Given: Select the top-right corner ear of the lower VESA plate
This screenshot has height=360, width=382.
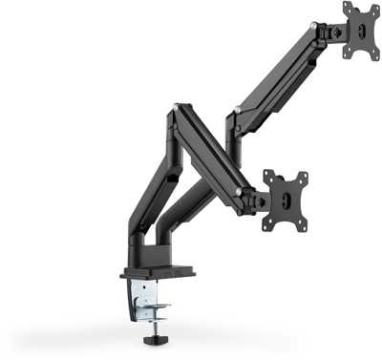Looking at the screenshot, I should [x=305, y=177].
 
